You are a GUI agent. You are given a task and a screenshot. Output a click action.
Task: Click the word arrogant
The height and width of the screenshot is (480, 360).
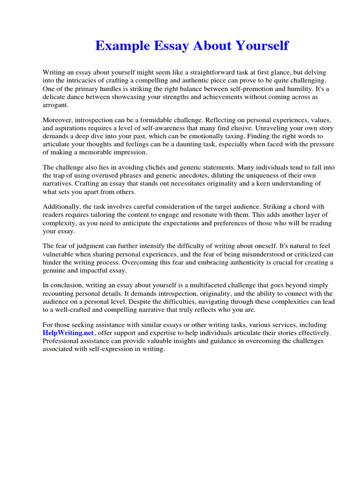click(x=55, y=105)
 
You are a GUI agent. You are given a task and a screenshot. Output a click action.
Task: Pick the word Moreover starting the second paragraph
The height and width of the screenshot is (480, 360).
click(x=59, y=120)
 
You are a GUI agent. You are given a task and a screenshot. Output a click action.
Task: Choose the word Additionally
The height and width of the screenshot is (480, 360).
click(x=61, y=207)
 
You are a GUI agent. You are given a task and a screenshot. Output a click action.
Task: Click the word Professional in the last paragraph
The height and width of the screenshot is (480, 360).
click(x=62, y=341)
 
